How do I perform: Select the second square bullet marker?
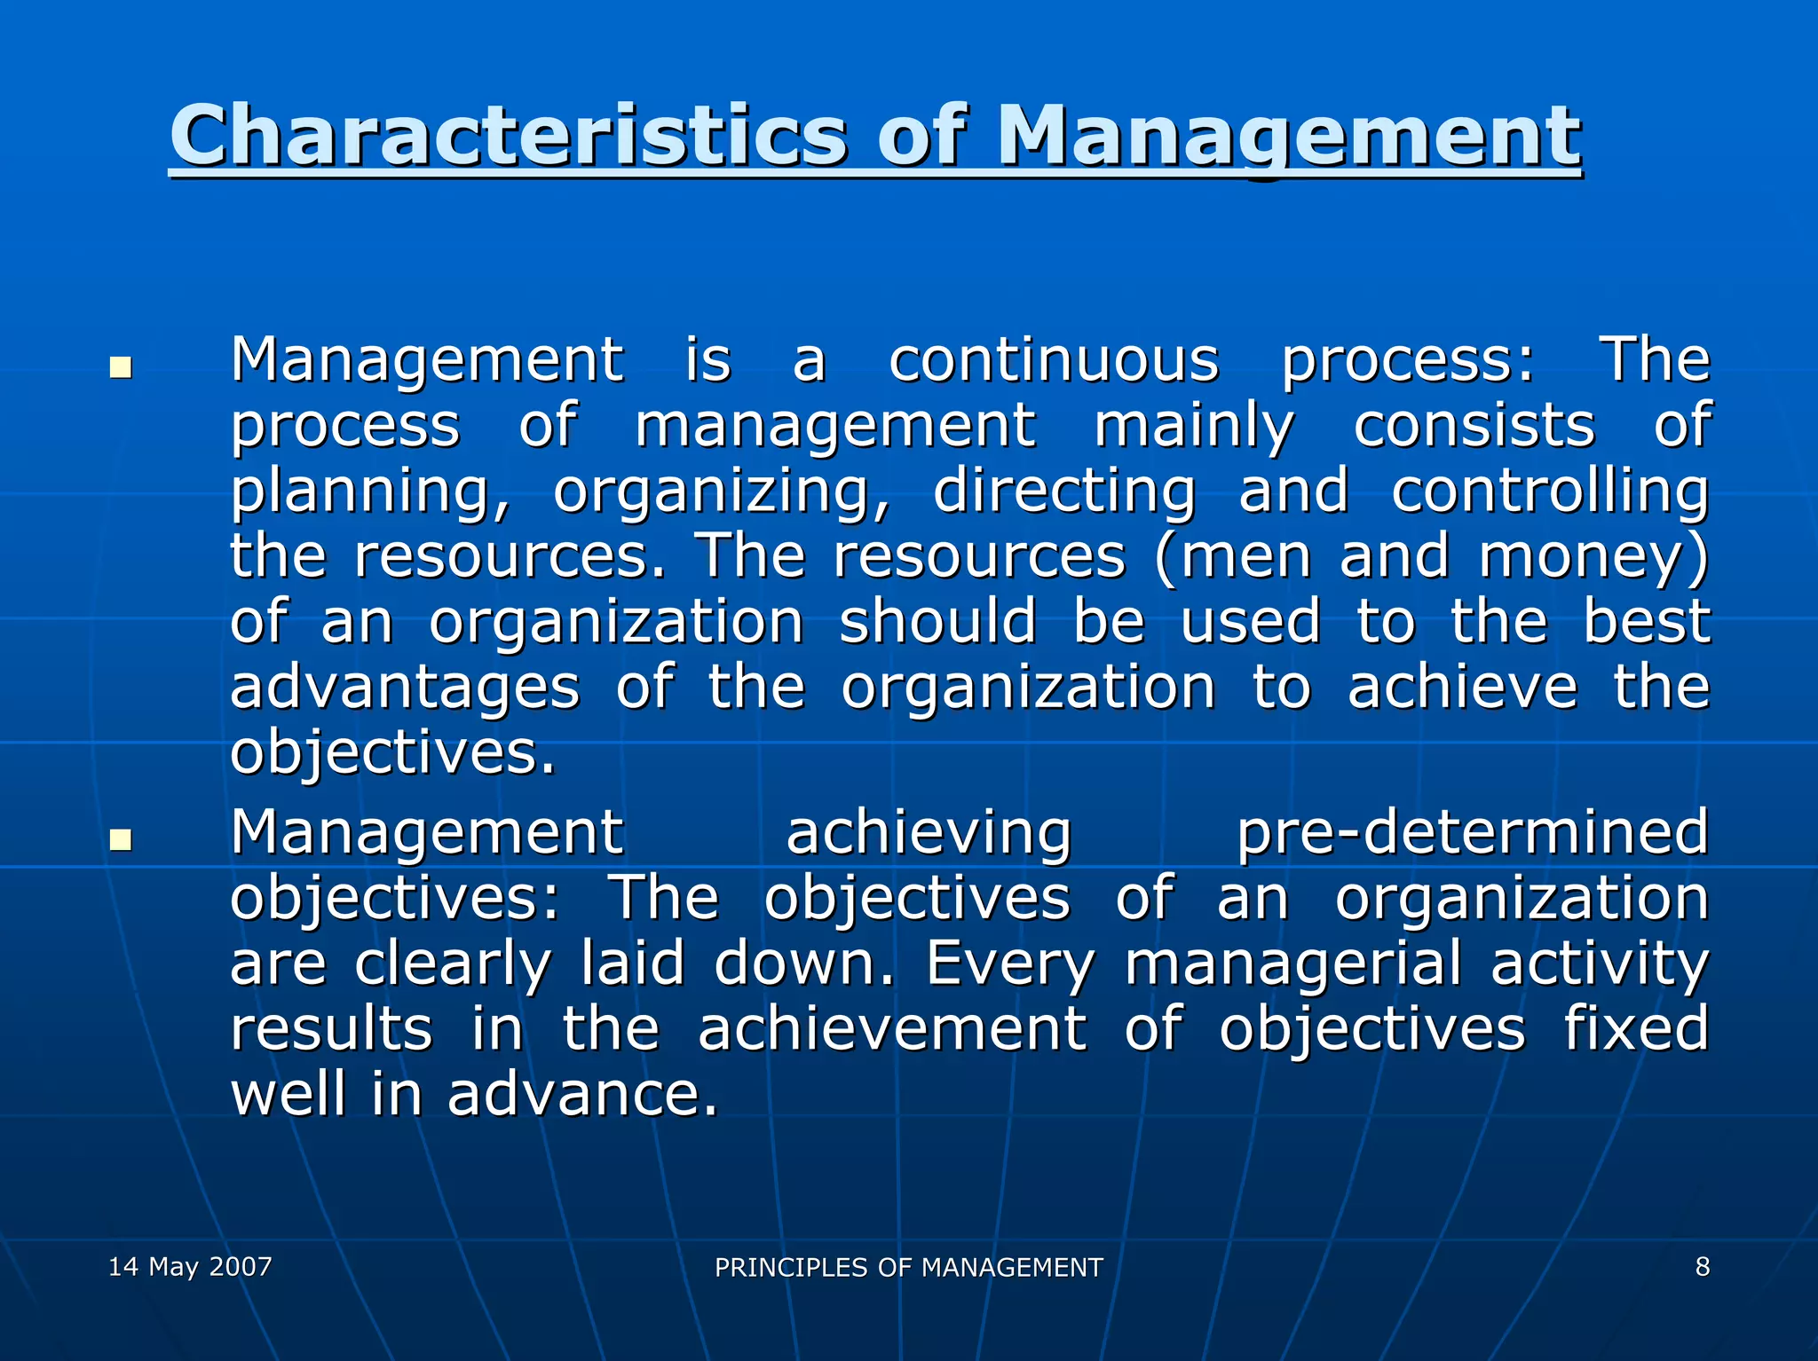click(x=120, y=839)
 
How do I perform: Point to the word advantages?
click(x=405, y=688)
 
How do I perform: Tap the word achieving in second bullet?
click(x=929, y=834)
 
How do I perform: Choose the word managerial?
click(x=1292, y=964)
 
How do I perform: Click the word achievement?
click(x=891, y=1028)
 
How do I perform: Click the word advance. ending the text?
click(x=581, y=1094)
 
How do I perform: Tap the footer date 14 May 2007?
click(x=190, y=1266)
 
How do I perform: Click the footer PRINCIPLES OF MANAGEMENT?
click(x=908, y=1267)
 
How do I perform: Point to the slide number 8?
click(x=1702, y=1266)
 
